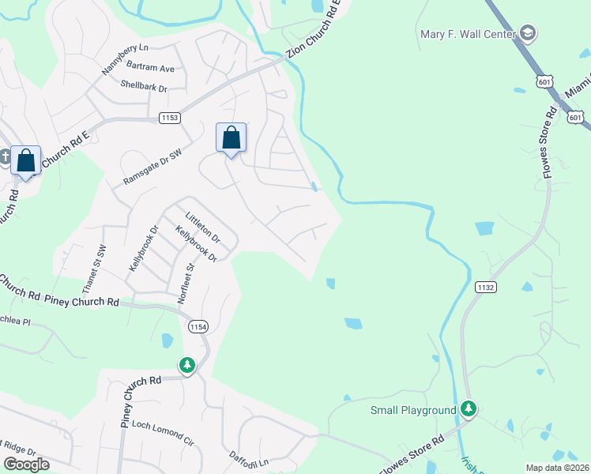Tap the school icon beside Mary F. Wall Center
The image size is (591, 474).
529,33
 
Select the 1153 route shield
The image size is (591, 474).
170,118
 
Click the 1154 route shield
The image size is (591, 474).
198,325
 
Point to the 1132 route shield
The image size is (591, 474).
486,288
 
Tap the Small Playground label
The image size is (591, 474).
413,410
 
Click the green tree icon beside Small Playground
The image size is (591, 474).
469,408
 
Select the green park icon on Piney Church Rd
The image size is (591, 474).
187,365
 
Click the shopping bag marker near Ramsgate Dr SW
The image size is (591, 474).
231,138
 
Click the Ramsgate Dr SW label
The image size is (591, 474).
152,167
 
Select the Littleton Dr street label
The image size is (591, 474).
202,227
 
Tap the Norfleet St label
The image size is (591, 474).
190,277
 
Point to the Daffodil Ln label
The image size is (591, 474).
249,458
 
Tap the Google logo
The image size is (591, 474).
26,465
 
